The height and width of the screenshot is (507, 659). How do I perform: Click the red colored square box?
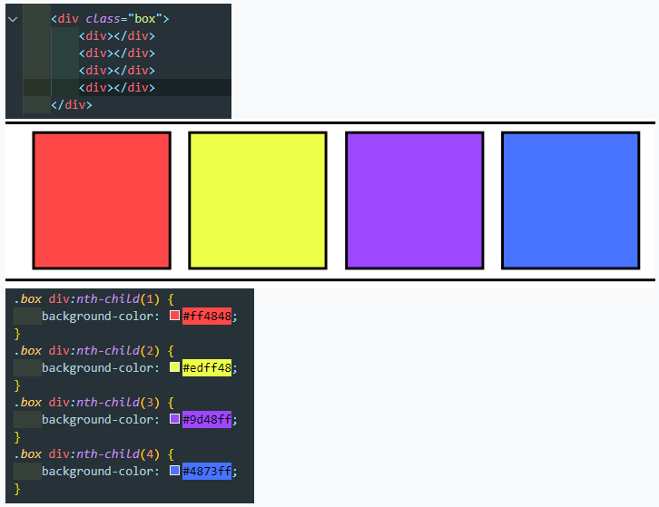click(102, 200)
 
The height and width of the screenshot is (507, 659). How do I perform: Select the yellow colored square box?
click(258, 200)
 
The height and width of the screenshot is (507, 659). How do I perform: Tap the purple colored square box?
click(415, 200)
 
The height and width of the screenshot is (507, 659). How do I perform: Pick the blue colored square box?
click(571, 200)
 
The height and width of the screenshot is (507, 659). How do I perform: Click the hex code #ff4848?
click(207, 316)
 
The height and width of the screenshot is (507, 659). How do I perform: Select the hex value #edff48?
click(207, 367)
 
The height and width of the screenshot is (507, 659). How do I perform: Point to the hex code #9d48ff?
click(207, 419)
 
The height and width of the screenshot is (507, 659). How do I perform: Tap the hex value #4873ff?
click(207, 471)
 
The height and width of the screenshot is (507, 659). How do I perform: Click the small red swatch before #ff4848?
click(174, 316)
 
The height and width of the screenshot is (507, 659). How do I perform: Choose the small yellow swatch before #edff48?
click(174, 367)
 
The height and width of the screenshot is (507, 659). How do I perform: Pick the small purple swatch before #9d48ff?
click(174, 419)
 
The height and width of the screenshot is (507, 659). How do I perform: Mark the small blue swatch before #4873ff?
click(174, 471)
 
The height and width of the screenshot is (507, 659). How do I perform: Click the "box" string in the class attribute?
click(145, 19)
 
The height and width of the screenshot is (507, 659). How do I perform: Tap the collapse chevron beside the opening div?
click(13, 19)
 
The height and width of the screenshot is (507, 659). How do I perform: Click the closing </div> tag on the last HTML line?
click(72, 104)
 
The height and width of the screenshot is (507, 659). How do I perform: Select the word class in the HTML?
click(103, 19)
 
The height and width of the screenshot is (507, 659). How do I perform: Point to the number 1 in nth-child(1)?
click(150, 299)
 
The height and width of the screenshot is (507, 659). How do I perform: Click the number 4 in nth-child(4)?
click(150, 454)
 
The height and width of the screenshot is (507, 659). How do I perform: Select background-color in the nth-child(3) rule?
click(101, 419)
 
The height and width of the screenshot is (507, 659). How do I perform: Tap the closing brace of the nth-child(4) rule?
click(17, 489)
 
